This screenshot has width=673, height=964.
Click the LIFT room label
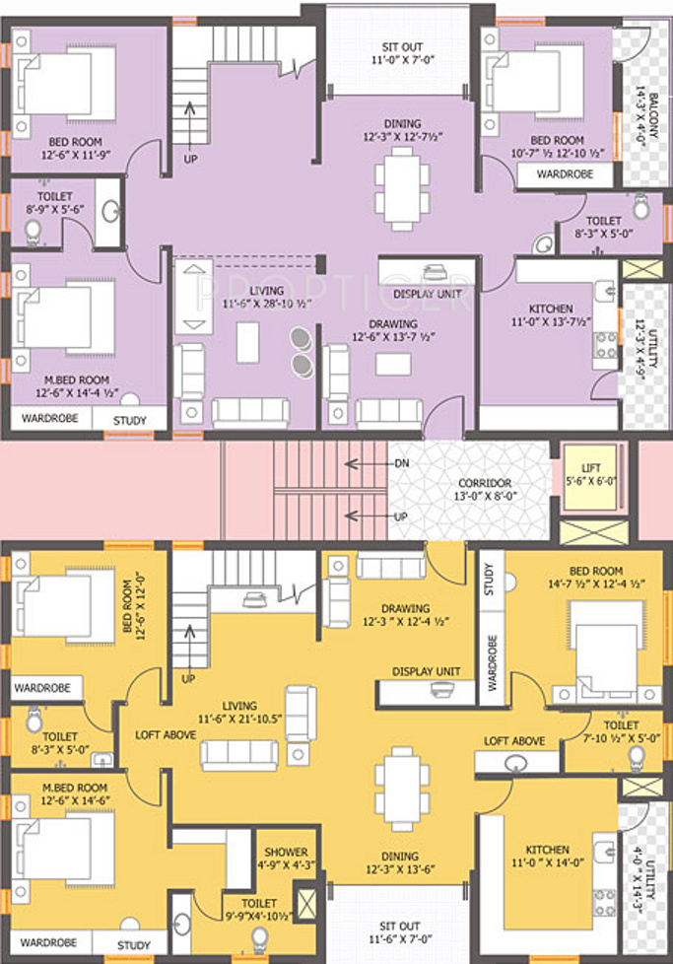[590, 475]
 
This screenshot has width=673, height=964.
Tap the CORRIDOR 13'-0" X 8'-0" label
[485, 489]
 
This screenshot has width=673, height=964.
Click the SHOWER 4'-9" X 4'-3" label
[286, 859]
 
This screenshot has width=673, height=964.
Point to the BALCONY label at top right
[647, 116]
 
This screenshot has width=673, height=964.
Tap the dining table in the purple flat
[403, 187]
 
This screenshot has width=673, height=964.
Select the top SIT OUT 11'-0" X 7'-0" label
[403, 53]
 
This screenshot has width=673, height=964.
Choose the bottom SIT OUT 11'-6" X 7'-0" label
[400, 932]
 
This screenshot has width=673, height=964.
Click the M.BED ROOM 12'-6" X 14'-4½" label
[76, 386]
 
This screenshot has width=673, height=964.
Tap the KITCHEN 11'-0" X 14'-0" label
[547, 856]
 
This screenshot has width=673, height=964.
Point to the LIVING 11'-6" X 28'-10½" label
[267, 297]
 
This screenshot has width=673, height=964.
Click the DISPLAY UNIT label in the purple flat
[428, 294]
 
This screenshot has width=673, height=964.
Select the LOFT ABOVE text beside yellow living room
[166, 734]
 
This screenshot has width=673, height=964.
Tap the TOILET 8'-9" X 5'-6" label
[55, 202]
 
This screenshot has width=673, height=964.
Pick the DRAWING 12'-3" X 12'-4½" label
[405, 615]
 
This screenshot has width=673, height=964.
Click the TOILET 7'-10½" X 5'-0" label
[621, 731]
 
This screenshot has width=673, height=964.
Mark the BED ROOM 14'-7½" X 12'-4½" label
[595, 578]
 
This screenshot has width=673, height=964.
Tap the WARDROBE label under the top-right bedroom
[565, 174]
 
